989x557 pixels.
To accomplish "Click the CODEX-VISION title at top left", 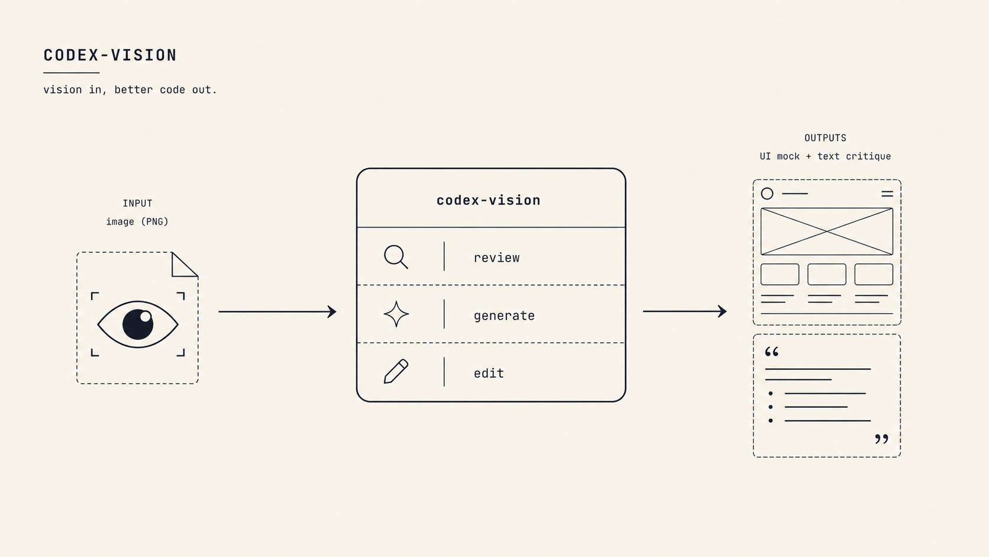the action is point(110,55).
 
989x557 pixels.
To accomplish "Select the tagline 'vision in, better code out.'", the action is point(130,89).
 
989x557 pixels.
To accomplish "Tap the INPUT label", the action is point(137,203).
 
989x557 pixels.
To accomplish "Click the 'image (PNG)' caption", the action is point(137,221).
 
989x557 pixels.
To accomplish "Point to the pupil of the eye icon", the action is point(138,324).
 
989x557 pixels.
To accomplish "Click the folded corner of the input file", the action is point(184,265).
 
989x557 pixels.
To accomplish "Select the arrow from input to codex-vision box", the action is point(277,311).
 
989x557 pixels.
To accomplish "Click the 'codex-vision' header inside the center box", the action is point(489,201).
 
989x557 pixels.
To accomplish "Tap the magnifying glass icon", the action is point(396,257).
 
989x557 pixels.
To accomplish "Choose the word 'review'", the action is point(497,258).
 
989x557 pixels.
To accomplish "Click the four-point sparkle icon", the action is point(396,314).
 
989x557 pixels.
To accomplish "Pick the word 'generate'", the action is point(504,316).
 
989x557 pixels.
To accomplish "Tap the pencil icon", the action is point(396,371).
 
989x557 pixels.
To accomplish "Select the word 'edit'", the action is point(489,374).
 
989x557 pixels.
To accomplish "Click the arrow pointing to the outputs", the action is point(685,311).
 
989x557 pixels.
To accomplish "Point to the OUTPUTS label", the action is point(825,138).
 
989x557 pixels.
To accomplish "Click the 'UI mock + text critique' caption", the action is point(825,156).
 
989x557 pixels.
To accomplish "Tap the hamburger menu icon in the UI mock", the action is point(887,194).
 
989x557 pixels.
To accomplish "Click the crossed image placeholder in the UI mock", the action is point(826,231).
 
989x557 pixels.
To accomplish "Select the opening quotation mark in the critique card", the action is point(772,352).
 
